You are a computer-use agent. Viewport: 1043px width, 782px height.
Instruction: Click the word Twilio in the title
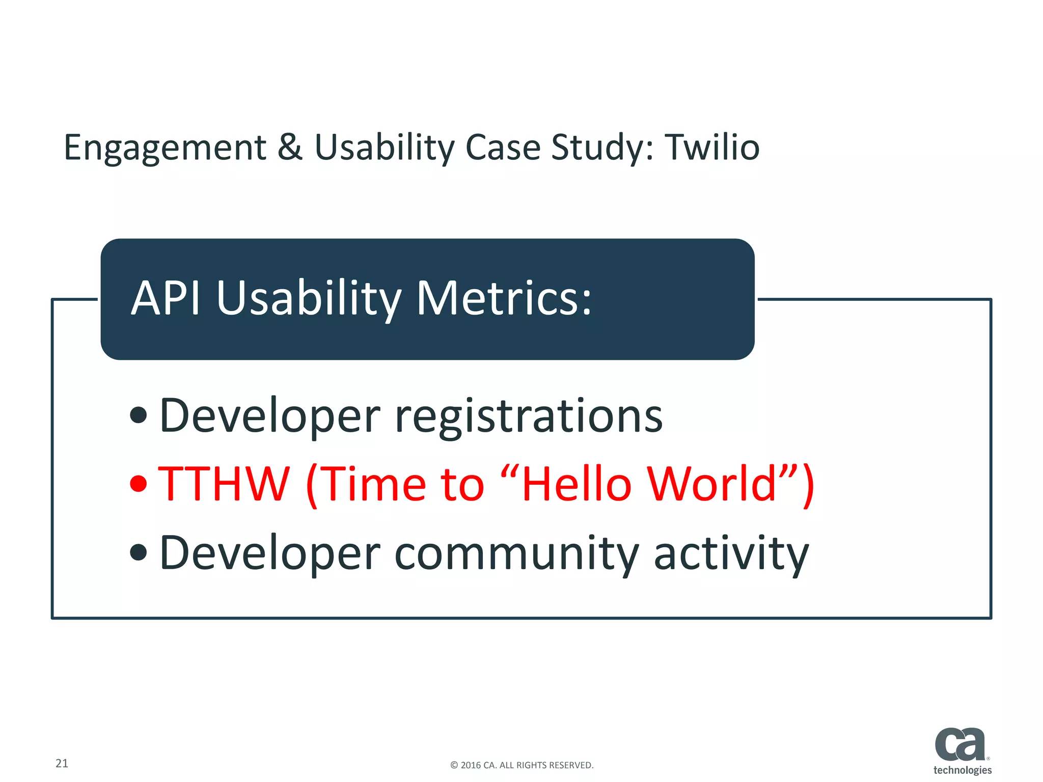[x=712, y=147]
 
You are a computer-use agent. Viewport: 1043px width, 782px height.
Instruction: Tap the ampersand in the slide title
[x=290, y=147]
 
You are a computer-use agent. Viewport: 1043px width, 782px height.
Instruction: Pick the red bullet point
[x=139, y=483]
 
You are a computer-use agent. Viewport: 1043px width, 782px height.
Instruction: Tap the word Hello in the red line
[x=576, y=484]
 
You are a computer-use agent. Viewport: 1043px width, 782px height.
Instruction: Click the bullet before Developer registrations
[x=139, y=415]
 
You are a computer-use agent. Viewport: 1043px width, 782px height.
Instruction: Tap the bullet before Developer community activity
[x=139, y=552]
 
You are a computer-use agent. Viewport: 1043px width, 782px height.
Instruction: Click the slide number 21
[x=62, y=763]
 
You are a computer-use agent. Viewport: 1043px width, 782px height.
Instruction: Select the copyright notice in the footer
[x=521, y=765]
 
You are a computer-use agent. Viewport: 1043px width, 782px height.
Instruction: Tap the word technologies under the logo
[x=962, y=770]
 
